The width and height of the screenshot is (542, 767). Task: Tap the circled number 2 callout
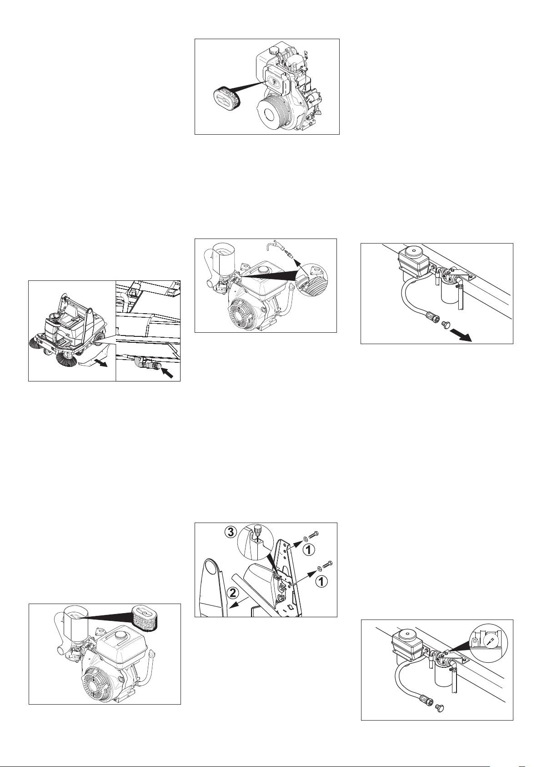(x=232, y=593)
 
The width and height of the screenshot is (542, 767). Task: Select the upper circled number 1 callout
(x=307, y=550)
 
